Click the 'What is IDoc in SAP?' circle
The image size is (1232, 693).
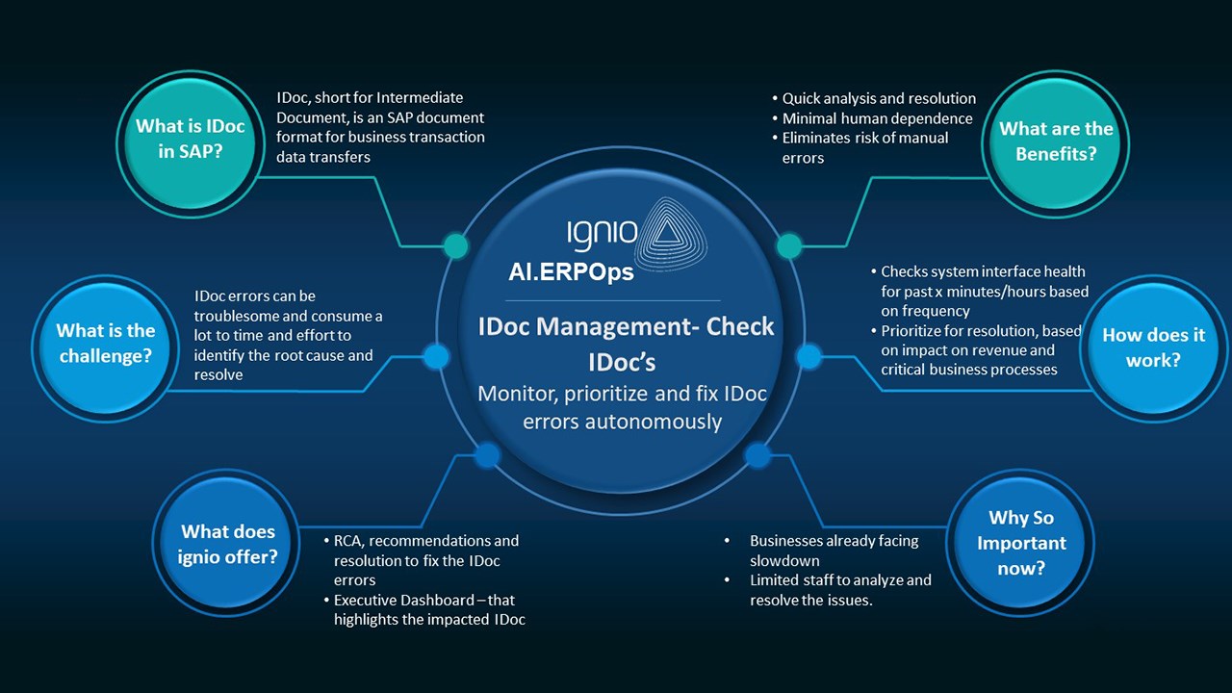(x=190, y=139)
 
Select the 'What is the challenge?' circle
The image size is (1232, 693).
(x=106, y=344)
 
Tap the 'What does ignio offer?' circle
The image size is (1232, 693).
(x=228, y=544)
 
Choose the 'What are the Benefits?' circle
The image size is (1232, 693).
(x=1056, y=141)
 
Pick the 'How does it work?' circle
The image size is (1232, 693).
(x=1153, y=347)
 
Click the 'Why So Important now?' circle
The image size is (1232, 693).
(x=1021, y=543)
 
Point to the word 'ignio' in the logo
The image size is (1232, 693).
(x=602, y=233)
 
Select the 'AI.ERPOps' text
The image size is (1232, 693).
(x=571, y=272)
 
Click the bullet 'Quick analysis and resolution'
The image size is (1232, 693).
(x=879, y=98)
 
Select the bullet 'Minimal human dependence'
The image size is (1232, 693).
(x=877, y=118)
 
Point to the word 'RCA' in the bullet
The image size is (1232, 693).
(x=349, y=540)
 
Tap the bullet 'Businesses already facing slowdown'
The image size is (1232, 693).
(x=834, y=551)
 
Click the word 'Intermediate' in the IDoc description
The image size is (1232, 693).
(x=419, y=97)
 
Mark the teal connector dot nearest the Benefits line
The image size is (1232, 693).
(x=788, y=245)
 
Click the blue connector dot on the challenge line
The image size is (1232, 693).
(x=436, y=357)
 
